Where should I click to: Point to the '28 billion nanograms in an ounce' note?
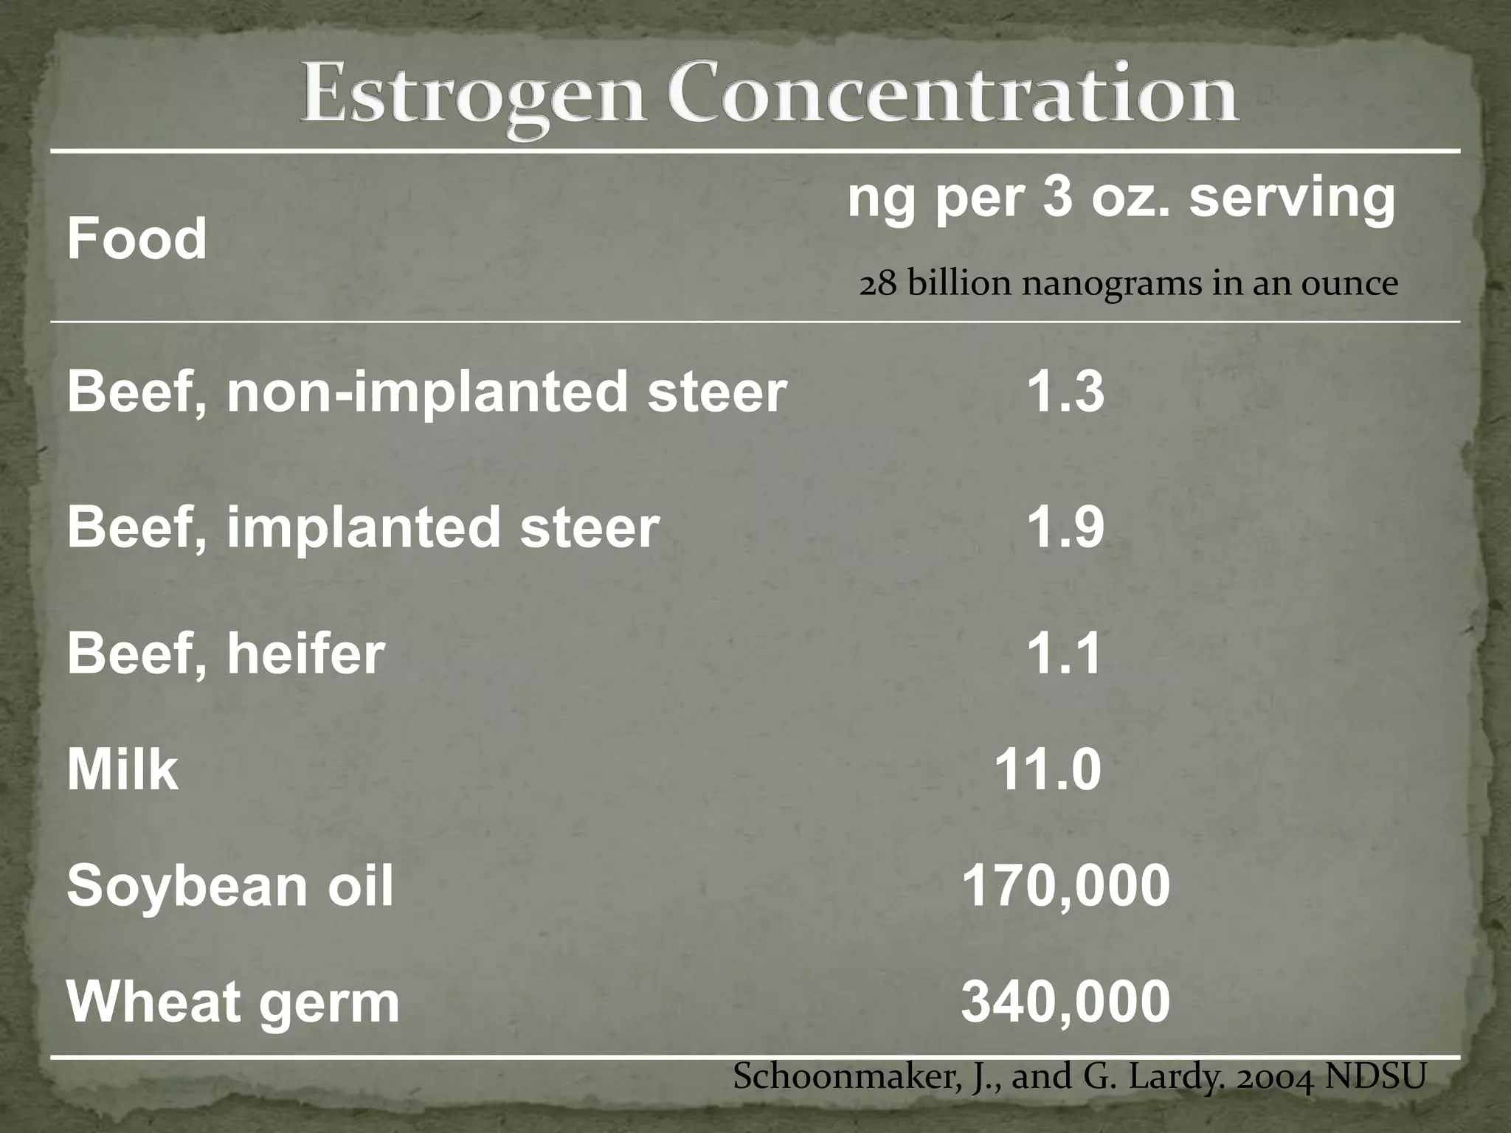[x=1128, y=284]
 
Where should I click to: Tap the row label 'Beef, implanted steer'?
[x=363, y=527]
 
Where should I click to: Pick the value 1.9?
[x=1065, y=527]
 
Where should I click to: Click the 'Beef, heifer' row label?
[x=226, y=654]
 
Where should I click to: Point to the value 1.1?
[x=1064, y=654]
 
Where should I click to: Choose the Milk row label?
[x=122, y=769]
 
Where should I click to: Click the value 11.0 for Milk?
[x=1048, y=769]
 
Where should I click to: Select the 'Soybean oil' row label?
[x=230, y=886]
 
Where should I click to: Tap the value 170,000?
[x=1065, y=884]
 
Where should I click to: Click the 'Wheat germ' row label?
[x=233, y=1002]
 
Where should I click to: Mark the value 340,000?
[x=1065, y=1002]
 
